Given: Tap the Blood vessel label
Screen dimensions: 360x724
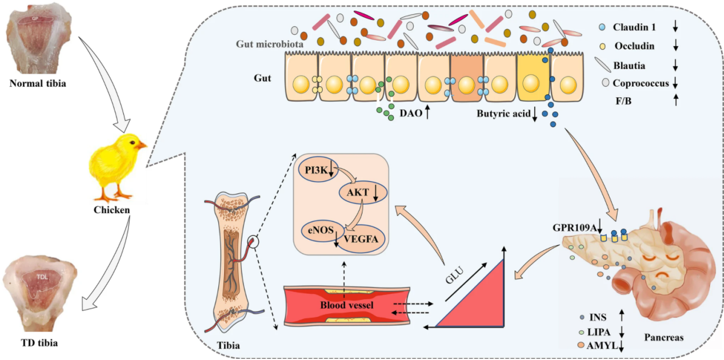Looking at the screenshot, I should click(x=347, y=305).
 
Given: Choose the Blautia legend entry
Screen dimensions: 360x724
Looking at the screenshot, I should click(x=629, y=65).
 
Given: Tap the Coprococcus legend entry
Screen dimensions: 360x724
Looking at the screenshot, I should click(x=640, y=83).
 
